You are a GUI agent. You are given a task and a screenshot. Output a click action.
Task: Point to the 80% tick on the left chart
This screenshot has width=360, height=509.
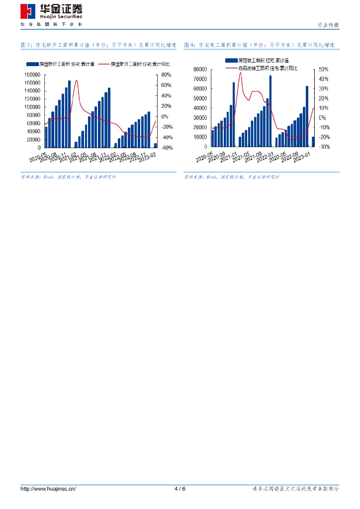coord(166,75)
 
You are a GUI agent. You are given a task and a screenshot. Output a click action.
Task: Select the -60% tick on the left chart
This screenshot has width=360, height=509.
coord(167,148)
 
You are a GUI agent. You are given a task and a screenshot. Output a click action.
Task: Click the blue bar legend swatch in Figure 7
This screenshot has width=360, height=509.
coord(32,64)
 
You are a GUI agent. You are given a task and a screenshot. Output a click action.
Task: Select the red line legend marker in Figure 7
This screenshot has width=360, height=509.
coord(103,64)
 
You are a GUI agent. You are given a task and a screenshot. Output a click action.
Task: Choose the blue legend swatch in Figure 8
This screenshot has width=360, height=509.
coord(230,60)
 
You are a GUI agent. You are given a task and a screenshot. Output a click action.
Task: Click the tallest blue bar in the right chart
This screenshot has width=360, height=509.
coord(270,111)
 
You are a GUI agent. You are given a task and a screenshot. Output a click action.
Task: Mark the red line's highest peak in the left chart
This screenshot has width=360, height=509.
coord(76,80)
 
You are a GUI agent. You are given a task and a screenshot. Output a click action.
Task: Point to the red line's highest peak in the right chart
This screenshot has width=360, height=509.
coord(240,73)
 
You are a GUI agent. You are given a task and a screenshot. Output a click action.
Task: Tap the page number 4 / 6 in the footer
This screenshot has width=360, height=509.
coord(180,489)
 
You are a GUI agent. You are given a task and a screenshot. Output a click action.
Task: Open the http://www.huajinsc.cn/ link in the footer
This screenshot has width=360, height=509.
coord(48,489)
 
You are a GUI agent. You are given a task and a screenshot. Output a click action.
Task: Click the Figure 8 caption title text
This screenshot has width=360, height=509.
coord(259,45)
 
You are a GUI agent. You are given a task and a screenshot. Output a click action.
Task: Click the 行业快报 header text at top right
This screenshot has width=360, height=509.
coord(328,25)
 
